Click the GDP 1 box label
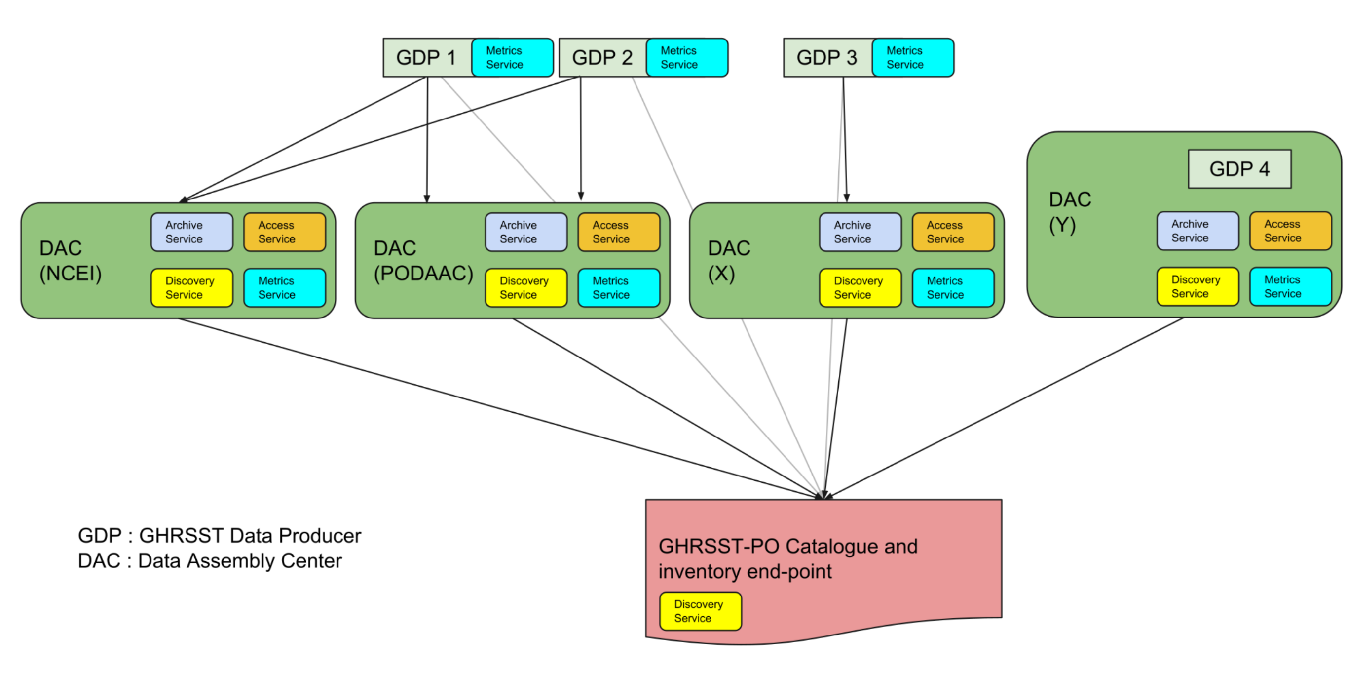pyautogui.click(x=426, y=58)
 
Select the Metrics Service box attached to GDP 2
pyautogui.click(x=686, y=58)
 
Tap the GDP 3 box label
pyautogui.click(x=827, y=58)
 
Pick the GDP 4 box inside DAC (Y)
pyautogui.click(x=1239, y=169)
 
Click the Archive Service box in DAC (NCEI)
pyautogui.click(x=191, y=232)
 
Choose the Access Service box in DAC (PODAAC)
pyautogui.click(x=619, y=232)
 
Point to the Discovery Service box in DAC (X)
pyautogui.click(x=860, y=287)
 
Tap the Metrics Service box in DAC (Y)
pyautogui.click(x=1290, y=286)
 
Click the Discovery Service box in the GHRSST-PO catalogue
pyautogui.click(x=700, y=611)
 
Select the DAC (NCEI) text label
pyautogui.click(x=71, y=261)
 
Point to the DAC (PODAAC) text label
pyautogui.click(x=423, y=261)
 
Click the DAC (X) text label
pyautogui.click(x=728, y=261)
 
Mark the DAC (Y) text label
pyautogui.click(x=1069, y=212)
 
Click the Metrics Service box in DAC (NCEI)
pyautogui.click(x=285, y=287)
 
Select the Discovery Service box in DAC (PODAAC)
pyautogui.click(x=525, y=287)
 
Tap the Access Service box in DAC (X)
pyautogui.click(x=953, y=232)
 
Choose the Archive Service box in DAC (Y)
pyautogui.click(x=1197, y=231)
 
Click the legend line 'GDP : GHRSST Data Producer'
pyautogui.click(x=219, y=535)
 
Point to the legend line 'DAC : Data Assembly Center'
pyautogui.click(x=210, y=560)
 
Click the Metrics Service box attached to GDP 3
pyautogui.click(x=912, y=58)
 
